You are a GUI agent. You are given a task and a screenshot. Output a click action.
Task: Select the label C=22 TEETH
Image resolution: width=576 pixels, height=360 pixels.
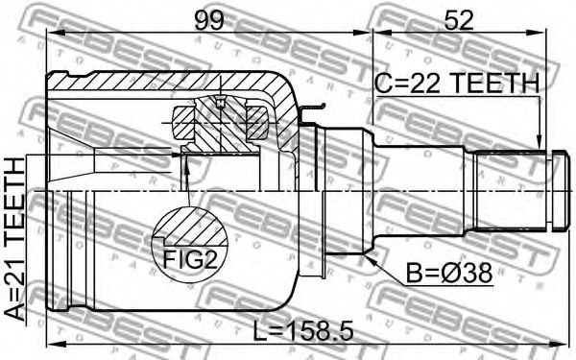[457, 83]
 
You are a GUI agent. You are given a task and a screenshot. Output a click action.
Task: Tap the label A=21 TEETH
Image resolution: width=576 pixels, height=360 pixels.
[15, 239]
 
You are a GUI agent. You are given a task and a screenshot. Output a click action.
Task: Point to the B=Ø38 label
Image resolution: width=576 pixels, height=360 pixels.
[449, 274]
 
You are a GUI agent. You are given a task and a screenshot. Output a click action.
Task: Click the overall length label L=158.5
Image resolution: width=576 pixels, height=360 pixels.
[303, 330]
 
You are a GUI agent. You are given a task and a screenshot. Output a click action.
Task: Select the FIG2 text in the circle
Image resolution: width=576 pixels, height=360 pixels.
[190, 260]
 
